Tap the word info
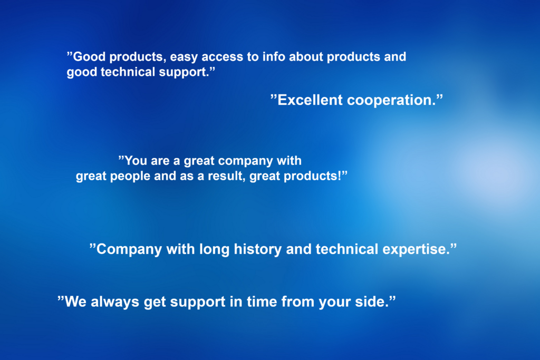(274, 56)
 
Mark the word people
(130, 177)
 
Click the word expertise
(416, 250)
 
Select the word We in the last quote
(75, 302)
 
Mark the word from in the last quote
(298, 302)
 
